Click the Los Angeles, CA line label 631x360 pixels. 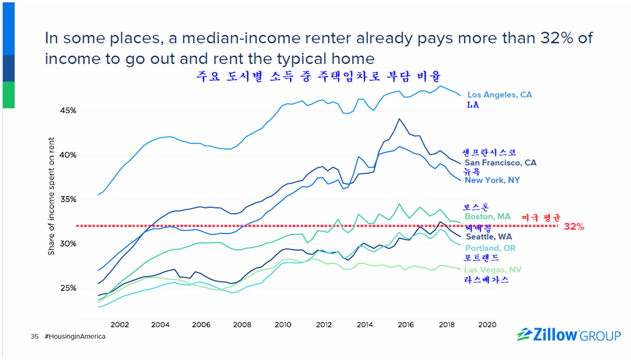pos(499,95)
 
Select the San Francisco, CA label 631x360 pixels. pos(500,163)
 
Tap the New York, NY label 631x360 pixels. pos(492,180)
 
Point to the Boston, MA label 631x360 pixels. pos(487,216)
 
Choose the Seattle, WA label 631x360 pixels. pos(489,236)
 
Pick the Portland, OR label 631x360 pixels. pos(490,248)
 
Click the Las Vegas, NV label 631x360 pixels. pos(492,270)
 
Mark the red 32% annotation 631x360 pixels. pos(573,226)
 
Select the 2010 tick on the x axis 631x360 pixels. pos(283,324)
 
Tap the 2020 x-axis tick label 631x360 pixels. pos(487,324)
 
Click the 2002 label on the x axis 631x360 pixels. pos(120,324)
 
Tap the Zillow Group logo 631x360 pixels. pos(569,336)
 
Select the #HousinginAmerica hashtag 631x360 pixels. pos(75,337)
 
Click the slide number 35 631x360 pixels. pos(34,337)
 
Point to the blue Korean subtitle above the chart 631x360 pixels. pos(318,77)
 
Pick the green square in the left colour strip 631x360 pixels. pos(8,95)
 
